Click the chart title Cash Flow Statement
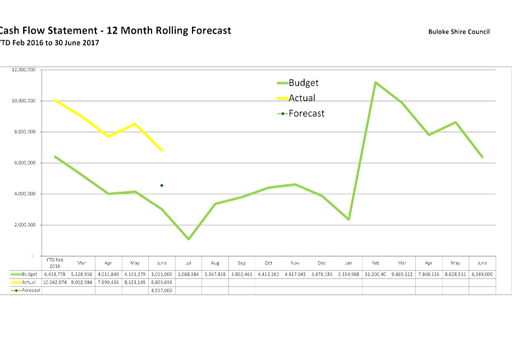coord(115,31)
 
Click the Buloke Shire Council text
coord(459,31)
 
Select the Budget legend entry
coord(303,83)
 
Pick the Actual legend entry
coord(301,98)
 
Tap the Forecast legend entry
coord(306,113)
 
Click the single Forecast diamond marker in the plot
coord(162,185)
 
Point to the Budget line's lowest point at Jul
coord(189,239)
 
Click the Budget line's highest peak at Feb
coord(376,83)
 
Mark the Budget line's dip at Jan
coord(349,220)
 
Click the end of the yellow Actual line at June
coord(162,151)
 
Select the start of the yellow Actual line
coord(54,100)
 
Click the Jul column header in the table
coord(189,262)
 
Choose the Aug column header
coord(215,262)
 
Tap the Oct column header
coord(269,262)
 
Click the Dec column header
coord(322,262)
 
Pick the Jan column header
coord(349,262)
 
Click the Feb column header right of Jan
coord(375,262)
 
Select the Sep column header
coord(242,262)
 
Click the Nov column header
coord(295,262)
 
